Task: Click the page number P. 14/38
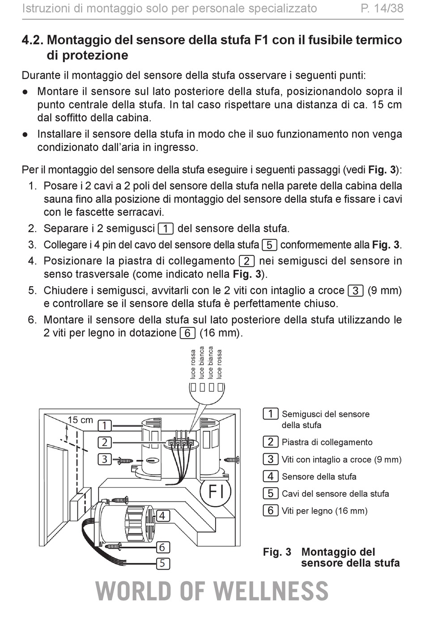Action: pyautogui.click(x=382, y=9)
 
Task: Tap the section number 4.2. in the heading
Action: pyautogui.click(x=32, y=40)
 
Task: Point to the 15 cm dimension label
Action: pyautogui.click(x=80, y=420)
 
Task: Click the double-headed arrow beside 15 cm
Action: pyautogui.click(x=66, y=432)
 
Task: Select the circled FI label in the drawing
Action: pyautogui.click(x=216, y=491)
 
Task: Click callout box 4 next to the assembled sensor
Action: pyautogui.click(x=162, y=515)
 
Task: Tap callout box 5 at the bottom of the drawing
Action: pyautogui.click(x=162, y=563)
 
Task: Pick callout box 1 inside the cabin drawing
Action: pyautogui.click(x=105, y=426)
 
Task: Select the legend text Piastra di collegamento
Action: pyautogui.click(x=327, y=442)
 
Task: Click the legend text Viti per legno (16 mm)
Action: pyautogui.click(x=324, y=511)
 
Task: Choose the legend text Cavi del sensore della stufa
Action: pyautogui.click(x=335, y=494)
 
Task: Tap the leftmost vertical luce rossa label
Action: pyautogui.click(x=193, y=364)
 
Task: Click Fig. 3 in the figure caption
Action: pyautogui.click(x=277, y=552)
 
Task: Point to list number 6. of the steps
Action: pyautogui.click(x=33, y=319)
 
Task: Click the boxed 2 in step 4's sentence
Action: pyautogui.click(x=246, y=261)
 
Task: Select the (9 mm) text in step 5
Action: pyautogui.click(x=385, y=290)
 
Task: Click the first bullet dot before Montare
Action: pyautogui.click(x=25, y=92)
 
